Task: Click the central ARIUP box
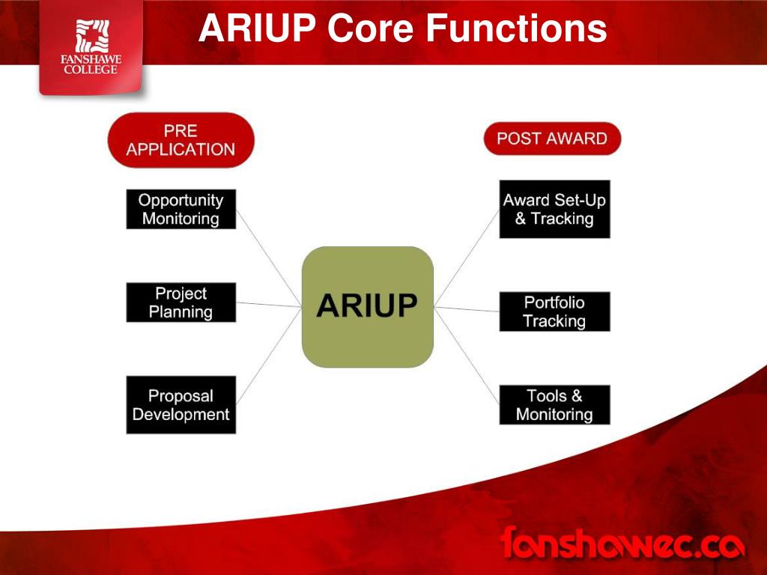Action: pyautogui.click(x=367, y=306)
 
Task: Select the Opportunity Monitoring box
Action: pyautogui.click(x=181, y=209)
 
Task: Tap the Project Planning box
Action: pyautogui.click(x=181, y=302)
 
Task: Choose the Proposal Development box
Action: pyautogui.click(x=181, y=404)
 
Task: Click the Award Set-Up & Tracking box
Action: pyautogui.click(x=554, y=209)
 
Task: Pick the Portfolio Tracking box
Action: pyautogui.click(x=554, y=311)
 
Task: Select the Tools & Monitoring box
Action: pyautogui.click(x=554, y=404)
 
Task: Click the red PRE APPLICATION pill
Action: pyautogui.click(x=181, y=140)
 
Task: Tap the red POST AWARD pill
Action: pyautogui.click(x=552, y=139)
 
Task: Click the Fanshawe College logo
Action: pyautogui.click(x=91, y=46)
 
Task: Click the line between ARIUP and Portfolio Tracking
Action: pyautogui.click(x=467, y=309)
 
